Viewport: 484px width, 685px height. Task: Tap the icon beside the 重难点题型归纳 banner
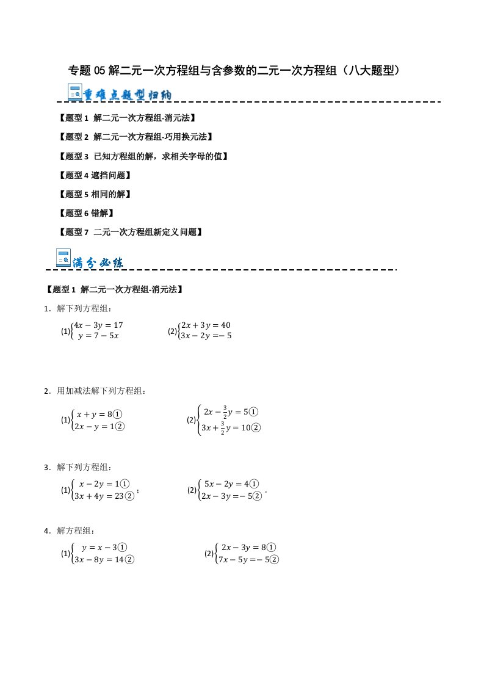[76, 94]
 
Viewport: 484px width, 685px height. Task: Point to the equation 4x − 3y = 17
[98, 325]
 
